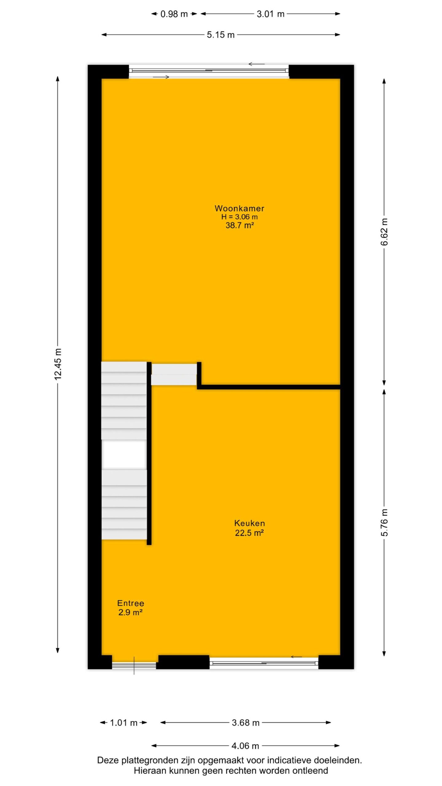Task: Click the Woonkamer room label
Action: click(239, 208)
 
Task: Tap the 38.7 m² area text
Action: click(240, 225)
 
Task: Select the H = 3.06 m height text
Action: click(239, 217)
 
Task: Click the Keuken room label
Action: click(249, 523)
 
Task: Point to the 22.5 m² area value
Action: click(250, 533)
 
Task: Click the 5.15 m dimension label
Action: click(221, 35)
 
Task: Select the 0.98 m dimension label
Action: click(174, 14)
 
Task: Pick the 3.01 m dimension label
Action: click(270, 14)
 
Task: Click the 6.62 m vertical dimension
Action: click(384, 232)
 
